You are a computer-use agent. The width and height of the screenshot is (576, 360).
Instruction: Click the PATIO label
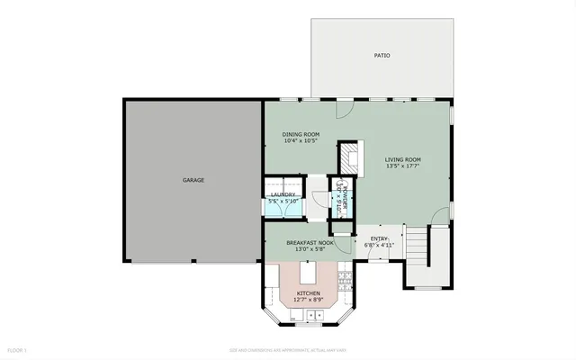tap(382, 56)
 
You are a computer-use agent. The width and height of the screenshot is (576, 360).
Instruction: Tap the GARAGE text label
tap(193, 180)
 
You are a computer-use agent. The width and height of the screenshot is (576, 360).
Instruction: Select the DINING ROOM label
tap(301, 134)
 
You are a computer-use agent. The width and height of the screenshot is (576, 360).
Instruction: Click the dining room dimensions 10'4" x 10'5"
tap(301, 140)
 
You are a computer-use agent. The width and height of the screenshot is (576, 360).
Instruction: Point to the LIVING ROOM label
tap(402, 160)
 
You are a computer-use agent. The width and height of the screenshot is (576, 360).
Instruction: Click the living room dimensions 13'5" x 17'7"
tap(402, 166)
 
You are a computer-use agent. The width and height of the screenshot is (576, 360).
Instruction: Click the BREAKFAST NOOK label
tap(310, 243)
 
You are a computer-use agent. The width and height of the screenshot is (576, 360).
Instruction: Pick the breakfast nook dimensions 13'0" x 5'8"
tap(310, 249)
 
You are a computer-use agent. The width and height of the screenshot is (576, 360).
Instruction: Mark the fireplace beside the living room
tap(347, 158)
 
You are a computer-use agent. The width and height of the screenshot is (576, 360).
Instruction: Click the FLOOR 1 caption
tap(18, 349)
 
